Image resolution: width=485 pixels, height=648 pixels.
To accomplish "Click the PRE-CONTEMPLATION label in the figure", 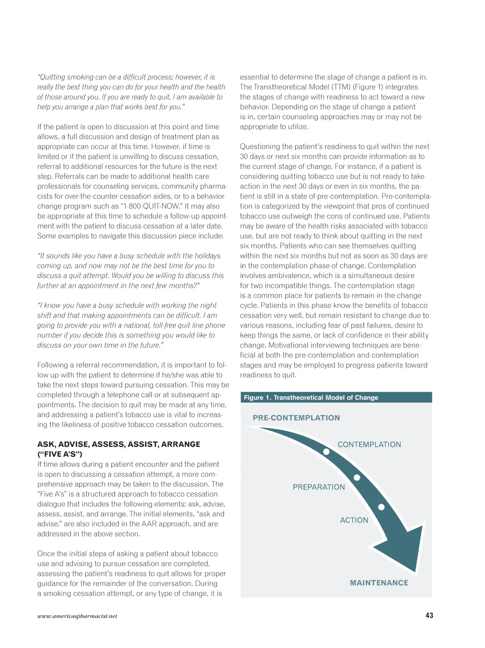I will pos(296,418).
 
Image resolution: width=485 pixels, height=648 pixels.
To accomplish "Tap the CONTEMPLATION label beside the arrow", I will pos(369,445).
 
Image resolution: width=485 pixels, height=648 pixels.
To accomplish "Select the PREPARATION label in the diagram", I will pos(319,487).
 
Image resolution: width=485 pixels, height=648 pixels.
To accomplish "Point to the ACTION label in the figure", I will pos(354,520).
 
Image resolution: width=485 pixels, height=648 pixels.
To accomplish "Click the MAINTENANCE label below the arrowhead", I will pos(379,583).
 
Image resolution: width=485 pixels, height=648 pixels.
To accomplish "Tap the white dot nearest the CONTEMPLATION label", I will pos(326,452).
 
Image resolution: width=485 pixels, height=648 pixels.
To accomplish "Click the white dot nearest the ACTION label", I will pos(381,507).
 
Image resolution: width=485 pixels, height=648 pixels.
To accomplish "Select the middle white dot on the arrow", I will pos(357,478).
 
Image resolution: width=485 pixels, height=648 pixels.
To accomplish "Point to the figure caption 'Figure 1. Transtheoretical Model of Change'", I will pos(311,397).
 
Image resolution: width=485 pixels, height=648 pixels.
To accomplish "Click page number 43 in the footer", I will pos(429,615).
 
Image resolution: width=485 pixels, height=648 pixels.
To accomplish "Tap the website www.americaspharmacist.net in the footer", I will pos(77,616).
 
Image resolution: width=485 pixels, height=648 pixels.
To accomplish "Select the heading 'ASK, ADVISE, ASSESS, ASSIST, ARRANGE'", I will pos(119,444).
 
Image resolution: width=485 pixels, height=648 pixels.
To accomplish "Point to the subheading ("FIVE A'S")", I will pos(60,454).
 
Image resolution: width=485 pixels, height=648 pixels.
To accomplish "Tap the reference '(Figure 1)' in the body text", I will pos(368,87).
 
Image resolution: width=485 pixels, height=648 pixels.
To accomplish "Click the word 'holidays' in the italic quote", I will pos(207,256).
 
